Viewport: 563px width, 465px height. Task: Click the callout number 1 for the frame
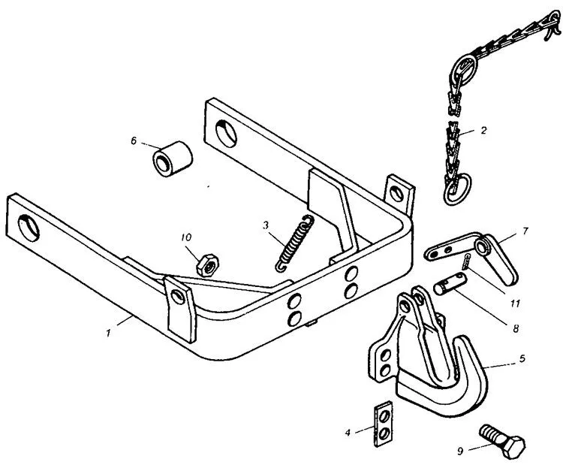[108, 333]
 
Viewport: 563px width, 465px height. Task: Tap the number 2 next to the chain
[483, 131]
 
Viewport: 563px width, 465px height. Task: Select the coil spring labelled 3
[295, 243]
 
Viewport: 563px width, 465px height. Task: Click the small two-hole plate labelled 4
[383, 424]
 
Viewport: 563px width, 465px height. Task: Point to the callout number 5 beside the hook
[522, 358]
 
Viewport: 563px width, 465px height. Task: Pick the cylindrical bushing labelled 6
[173, 159]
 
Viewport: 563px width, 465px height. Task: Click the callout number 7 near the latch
[525, 231]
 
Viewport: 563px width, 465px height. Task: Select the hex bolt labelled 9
[503, 441]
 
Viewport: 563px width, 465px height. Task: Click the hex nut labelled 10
[207, 265]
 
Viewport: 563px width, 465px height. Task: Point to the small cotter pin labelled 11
[465, 261]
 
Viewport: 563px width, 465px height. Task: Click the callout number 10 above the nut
[186, 237]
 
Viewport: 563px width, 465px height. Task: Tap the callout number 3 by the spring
[265, 225]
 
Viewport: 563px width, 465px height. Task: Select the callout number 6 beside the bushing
[134, 141]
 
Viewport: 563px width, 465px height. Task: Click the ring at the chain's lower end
[456, 189]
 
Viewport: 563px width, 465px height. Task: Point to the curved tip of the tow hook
[462, 340]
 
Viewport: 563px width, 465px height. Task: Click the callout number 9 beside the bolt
[461, 451]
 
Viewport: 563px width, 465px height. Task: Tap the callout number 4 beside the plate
[348, 432]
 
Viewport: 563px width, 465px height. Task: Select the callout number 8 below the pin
[516, 328]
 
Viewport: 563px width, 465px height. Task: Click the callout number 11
[515, 303]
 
